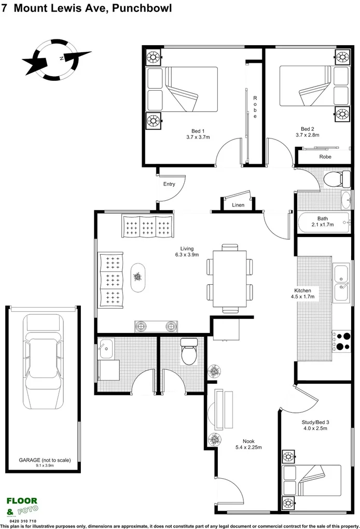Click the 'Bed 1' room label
pos(198,131)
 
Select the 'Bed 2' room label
pos(307,129)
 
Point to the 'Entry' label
pos(169,184)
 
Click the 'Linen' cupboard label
pos(238,205)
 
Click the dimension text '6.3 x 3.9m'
pos(187,255)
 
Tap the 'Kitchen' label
pos(303,290)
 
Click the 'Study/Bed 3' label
pos(315,422)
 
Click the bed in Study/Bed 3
pos(311,480)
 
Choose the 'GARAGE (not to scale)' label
pos(44,460)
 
